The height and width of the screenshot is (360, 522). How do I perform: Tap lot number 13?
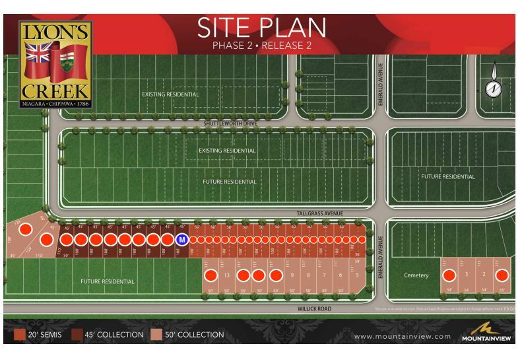[226, 275]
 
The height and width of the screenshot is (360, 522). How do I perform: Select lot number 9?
[292, 275]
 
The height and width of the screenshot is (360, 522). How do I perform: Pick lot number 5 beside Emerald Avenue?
[357, 275]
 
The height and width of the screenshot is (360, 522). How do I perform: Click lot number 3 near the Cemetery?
[467, 274]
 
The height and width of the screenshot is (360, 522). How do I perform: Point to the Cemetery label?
[416, 275]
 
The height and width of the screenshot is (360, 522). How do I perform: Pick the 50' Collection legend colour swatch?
[158, 336]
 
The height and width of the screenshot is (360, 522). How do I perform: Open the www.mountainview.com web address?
[403, 337]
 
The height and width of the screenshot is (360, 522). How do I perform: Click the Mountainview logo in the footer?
[488, 334]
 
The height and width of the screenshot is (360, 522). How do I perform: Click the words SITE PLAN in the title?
[261, 27]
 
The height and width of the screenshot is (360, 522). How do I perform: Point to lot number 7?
[324, 275]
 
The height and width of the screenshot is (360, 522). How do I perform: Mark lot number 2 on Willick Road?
[484, 274]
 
